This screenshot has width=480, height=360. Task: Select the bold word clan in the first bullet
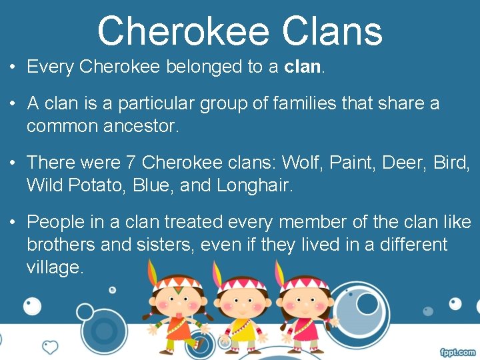303,67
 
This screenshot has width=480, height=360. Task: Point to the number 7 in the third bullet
130,162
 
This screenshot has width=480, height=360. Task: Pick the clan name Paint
354,162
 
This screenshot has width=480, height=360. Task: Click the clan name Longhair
254,185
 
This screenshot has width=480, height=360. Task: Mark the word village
55,267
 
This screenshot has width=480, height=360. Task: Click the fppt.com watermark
457,351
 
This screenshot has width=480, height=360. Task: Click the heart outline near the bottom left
50,347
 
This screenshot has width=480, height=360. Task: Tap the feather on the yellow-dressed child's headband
216,271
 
